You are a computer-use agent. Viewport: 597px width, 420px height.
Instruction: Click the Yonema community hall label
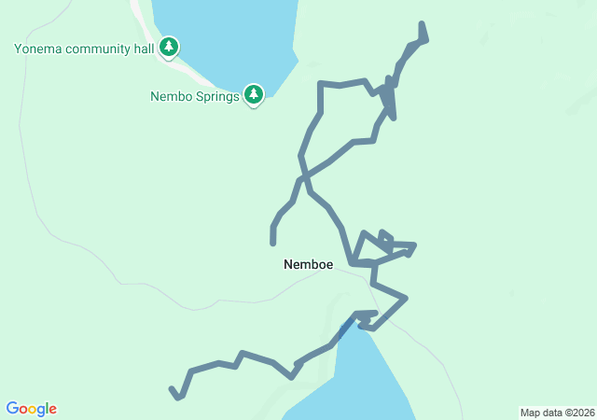(x=84, y=48)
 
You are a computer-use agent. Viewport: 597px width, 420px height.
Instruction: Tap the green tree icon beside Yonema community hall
(x=169, y=47)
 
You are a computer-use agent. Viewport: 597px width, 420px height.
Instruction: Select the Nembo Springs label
(x=194, y=95)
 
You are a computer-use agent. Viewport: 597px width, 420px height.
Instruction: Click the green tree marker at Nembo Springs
(x=253, y=94)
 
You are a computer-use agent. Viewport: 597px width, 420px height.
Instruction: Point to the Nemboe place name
(x=308, y=265)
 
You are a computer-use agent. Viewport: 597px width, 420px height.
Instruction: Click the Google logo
(x=32, y=409)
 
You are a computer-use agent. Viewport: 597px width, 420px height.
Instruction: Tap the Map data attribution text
(x=556, y=413)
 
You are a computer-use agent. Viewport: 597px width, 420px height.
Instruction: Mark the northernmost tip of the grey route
(x=423, y=24)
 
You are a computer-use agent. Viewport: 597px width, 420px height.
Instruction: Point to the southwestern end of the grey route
(x=172, y=389)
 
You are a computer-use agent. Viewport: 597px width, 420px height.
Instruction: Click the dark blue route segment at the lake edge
(x=347, y=327)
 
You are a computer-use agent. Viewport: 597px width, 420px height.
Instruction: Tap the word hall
(x=143, y=48)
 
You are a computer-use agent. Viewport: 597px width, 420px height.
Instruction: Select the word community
(x=97, y=48)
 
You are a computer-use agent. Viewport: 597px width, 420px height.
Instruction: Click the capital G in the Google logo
(x=12, y=408)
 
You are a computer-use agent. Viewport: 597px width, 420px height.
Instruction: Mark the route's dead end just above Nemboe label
(x=273, y=242)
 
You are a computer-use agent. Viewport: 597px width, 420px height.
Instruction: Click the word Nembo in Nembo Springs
(x=171, y=95)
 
